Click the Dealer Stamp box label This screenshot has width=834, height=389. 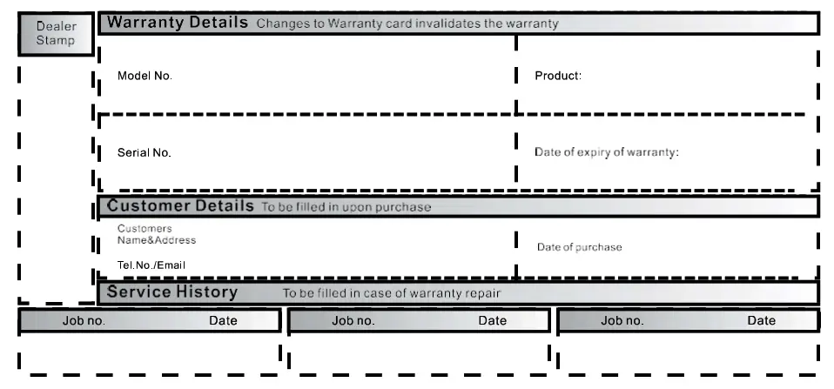[56, 33]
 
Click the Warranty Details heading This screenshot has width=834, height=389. [178, 23]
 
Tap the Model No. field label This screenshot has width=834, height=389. [145, 76]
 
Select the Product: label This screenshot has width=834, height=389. [558, 76]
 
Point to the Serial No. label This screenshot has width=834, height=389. [145, 152]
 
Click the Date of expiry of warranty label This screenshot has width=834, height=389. [606, 152]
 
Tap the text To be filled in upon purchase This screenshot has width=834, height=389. [346, 207]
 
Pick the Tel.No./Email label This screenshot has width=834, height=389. [151, 265]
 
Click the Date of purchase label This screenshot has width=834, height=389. [579, 247]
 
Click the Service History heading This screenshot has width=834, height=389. [172, 292]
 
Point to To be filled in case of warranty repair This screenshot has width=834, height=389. [392, 293]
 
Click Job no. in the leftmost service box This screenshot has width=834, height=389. [84, 320]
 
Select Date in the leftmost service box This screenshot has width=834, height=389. [223, 320]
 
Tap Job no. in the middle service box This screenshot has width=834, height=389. [353, 320]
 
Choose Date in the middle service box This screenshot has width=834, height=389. [492, 320]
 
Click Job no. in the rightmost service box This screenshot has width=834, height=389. [622, 320]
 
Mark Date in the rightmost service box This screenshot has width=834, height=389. [761, 320]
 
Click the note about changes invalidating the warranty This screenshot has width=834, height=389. [407, 23]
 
